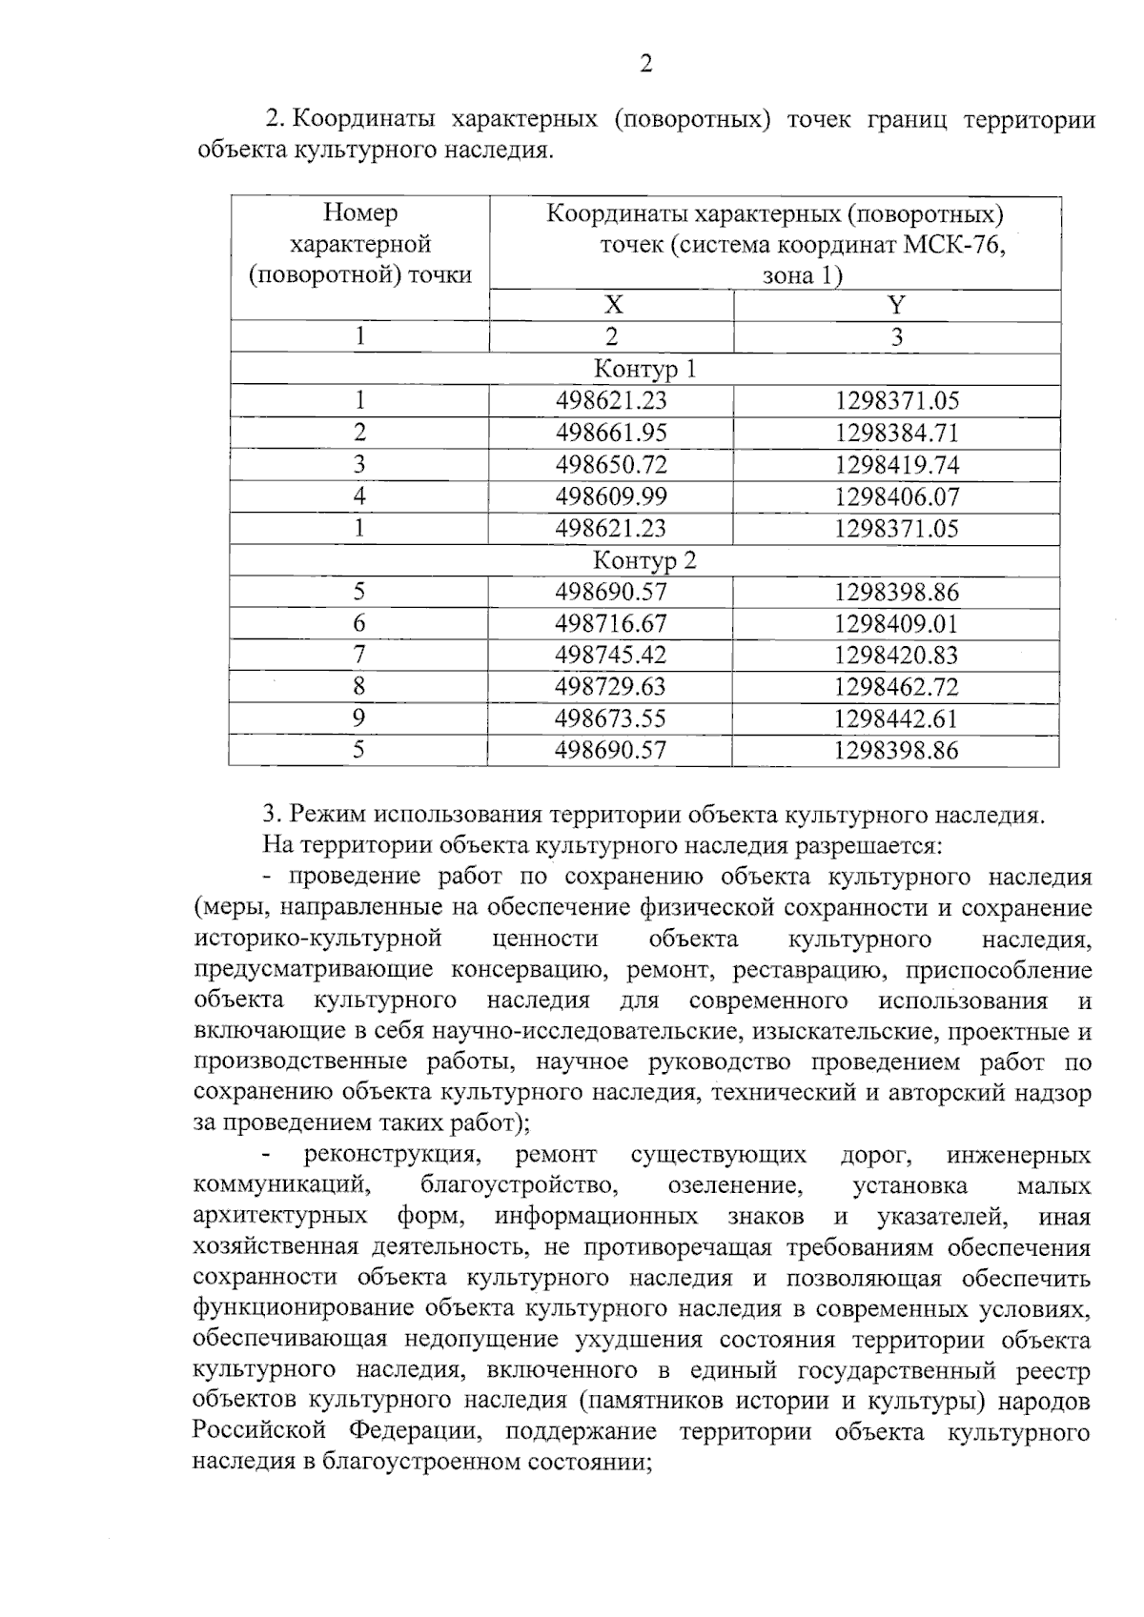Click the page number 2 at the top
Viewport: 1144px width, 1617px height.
click(x=645, y=65)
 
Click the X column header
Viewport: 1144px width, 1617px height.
click(x=613, y=305)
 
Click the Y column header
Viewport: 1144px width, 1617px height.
click(x=896, y=305)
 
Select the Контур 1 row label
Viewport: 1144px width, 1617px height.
click(x=645, y=369)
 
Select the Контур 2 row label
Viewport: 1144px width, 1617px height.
click(x=645, y=560)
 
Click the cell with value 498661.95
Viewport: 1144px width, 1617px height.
click(x=611, y=433)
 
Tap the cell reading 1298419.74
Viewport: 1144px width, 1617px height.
click(x=897, y=465)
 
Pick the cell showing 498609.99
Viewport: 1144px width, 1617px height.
click(x=611, y=496)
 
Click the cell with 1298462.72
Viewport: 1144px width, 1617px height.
click(x=897, y=687)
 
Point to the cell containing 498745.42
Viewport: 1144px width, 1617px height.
click(x=611, y=656)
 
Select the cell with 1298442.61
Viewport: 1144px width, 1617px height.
click(x=897, y=718)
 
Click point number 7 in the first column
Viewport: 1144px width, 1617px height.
click(x=359, y=656)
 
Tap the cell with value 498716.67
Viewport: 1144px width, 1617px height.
click(x=611, y=624)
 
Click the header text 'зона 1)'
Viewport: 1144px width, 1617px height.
click(x=802, y=276)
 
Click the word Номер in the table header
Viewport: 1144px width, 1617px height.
click(x=360, y=212)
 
